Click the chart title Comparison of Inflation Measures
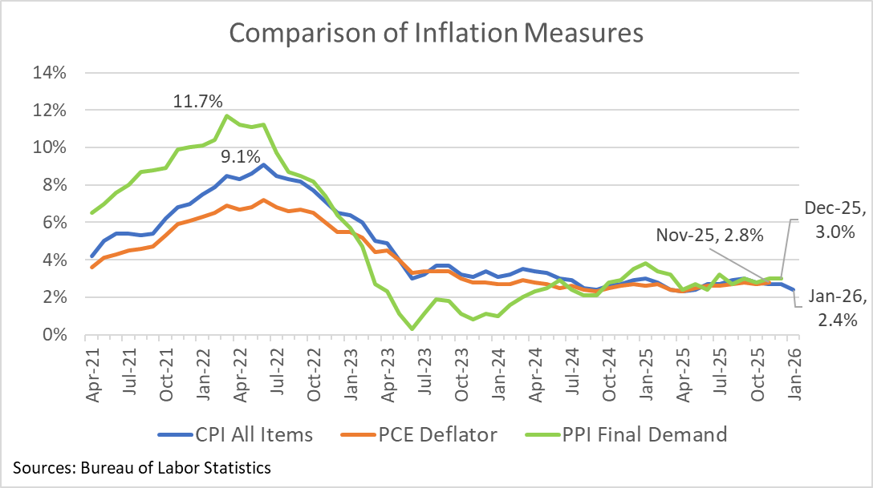(x=436, y=33)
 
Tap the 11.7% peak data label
(x=197, y=102)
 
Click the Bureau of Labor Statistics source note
(x=141, y=467)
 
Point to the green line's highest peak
(x=226, y=115)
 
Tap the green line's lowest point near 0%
(x=412, y=329)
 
